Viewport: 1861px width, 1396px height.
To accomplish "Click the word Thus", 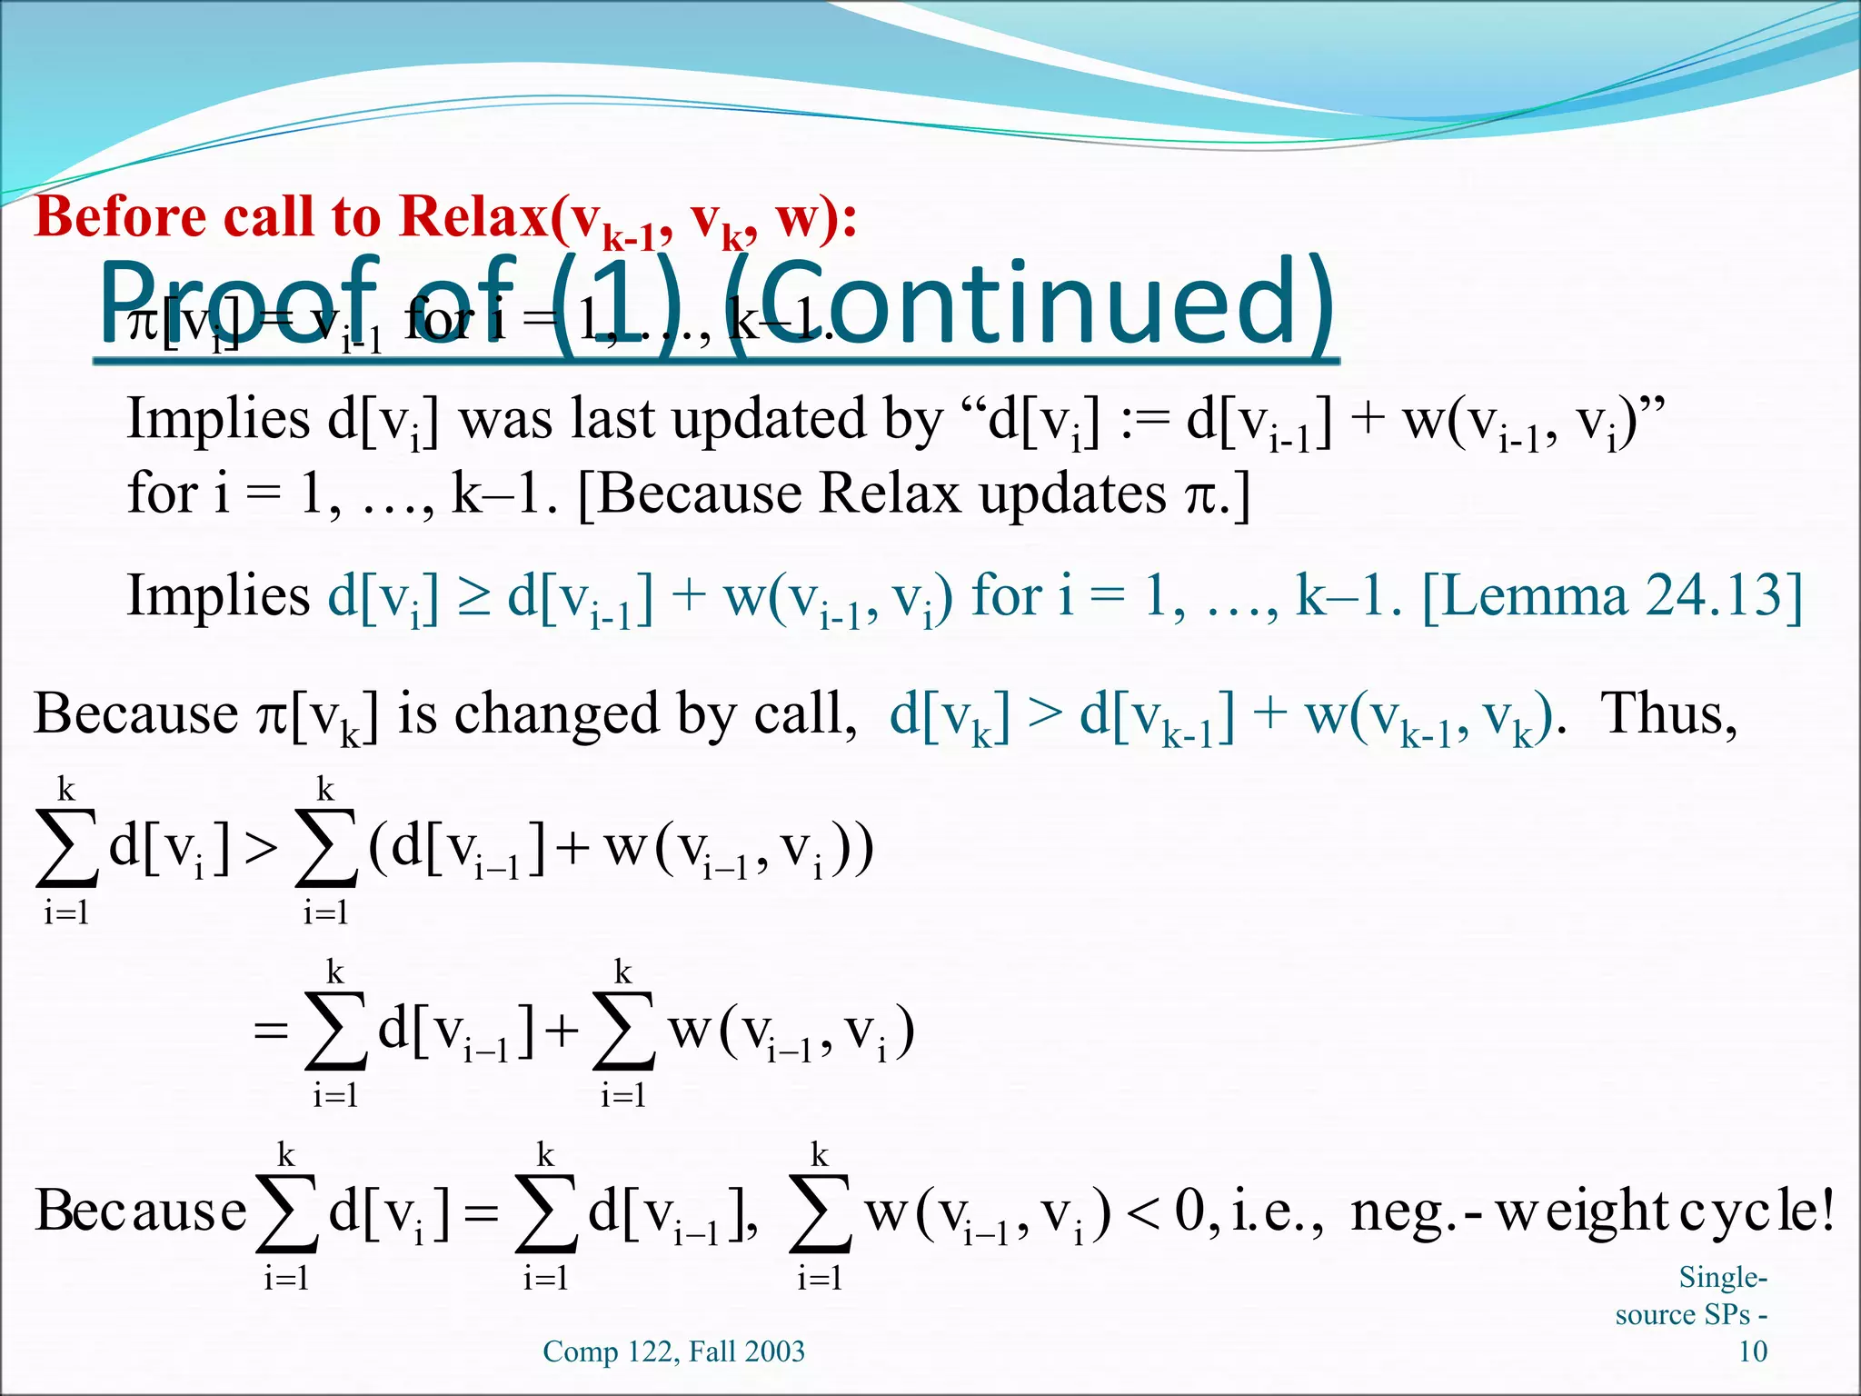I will [x=1668, y=714].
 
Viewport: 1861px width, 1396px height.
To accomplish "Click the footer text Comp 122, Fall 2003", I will [x=673, y=1351].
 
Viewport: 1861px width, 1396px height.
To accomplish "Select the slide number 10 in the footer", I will [x=1752, y=1351].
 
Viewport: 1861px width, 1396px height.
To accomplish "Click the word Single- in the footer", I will [x=1722, y=1278].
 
